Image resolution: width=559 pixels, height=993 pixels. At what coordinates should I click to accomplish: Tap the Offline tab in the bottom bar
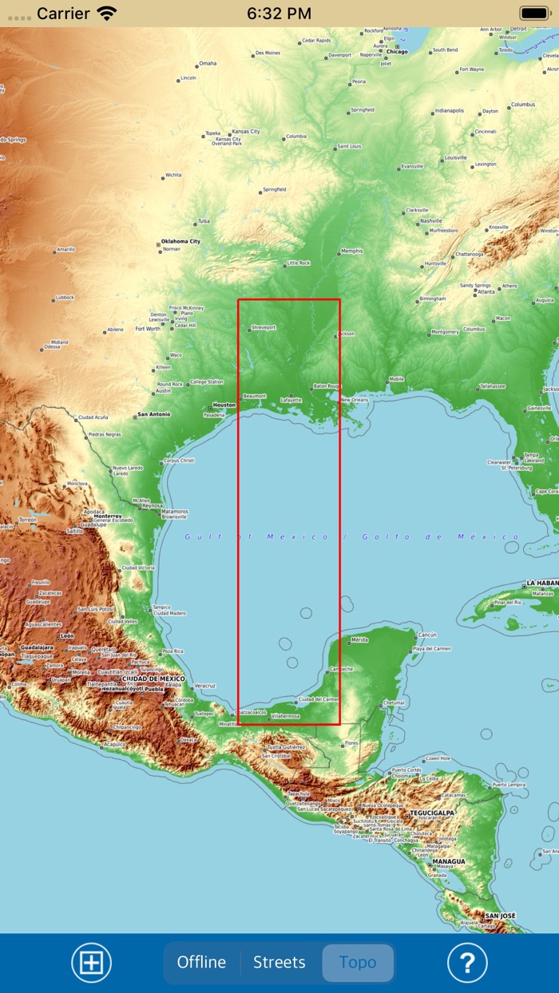[201, 963]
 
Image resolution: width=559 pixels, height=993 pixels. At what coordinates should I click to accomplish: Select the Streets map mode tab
[279, 963]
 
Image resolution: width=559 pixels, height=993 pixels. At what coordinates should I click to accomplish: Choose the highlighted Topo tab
[358, 963]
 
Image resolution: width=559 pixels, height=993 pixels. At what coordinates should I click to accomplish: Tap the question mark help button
[467, 963]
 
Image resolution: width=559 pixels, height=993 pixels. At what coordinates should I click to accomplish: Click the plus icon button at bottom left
[92, 963]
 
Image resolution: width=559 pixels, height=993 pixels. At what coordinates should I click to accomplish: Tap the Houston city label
[224, 405]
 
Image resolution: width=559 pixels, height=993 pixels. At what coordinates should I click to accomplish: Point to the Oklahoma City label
[180, 241]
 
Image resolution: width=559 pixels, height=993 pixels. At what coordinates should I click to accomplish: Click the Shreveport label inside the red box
[263, 327]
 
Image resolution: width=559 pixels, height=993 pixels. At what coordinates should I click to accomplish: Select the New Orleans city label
[355, 400]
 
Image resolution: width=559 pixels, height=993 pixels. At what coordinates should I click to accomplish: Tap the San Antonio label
[153, 414]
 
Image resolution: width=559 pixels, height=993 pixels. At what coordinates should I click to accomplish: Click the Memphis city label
[351, 251]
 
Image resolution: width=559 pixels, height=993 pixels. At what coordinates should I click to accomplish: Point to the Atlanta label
[485, 292]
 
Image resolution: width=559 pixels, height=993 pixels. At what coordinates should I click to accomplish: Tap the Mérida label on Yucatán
[359, 639]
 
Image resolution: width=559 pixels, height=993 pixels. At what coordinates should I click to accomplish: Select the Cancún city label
[427, 635]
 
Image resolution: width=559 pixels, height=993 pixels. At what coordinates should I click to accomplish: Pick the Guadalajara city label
[38, 647]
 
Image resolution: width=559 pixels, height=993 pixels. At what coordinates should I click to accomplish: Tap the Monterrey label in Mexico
[108, 516]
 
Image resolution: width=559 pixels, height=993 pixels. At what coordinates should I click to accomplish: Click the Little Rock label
[298, 263]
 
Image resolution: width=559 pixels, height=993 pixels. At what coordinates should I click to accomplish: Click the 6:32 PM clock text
[279, 13]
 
